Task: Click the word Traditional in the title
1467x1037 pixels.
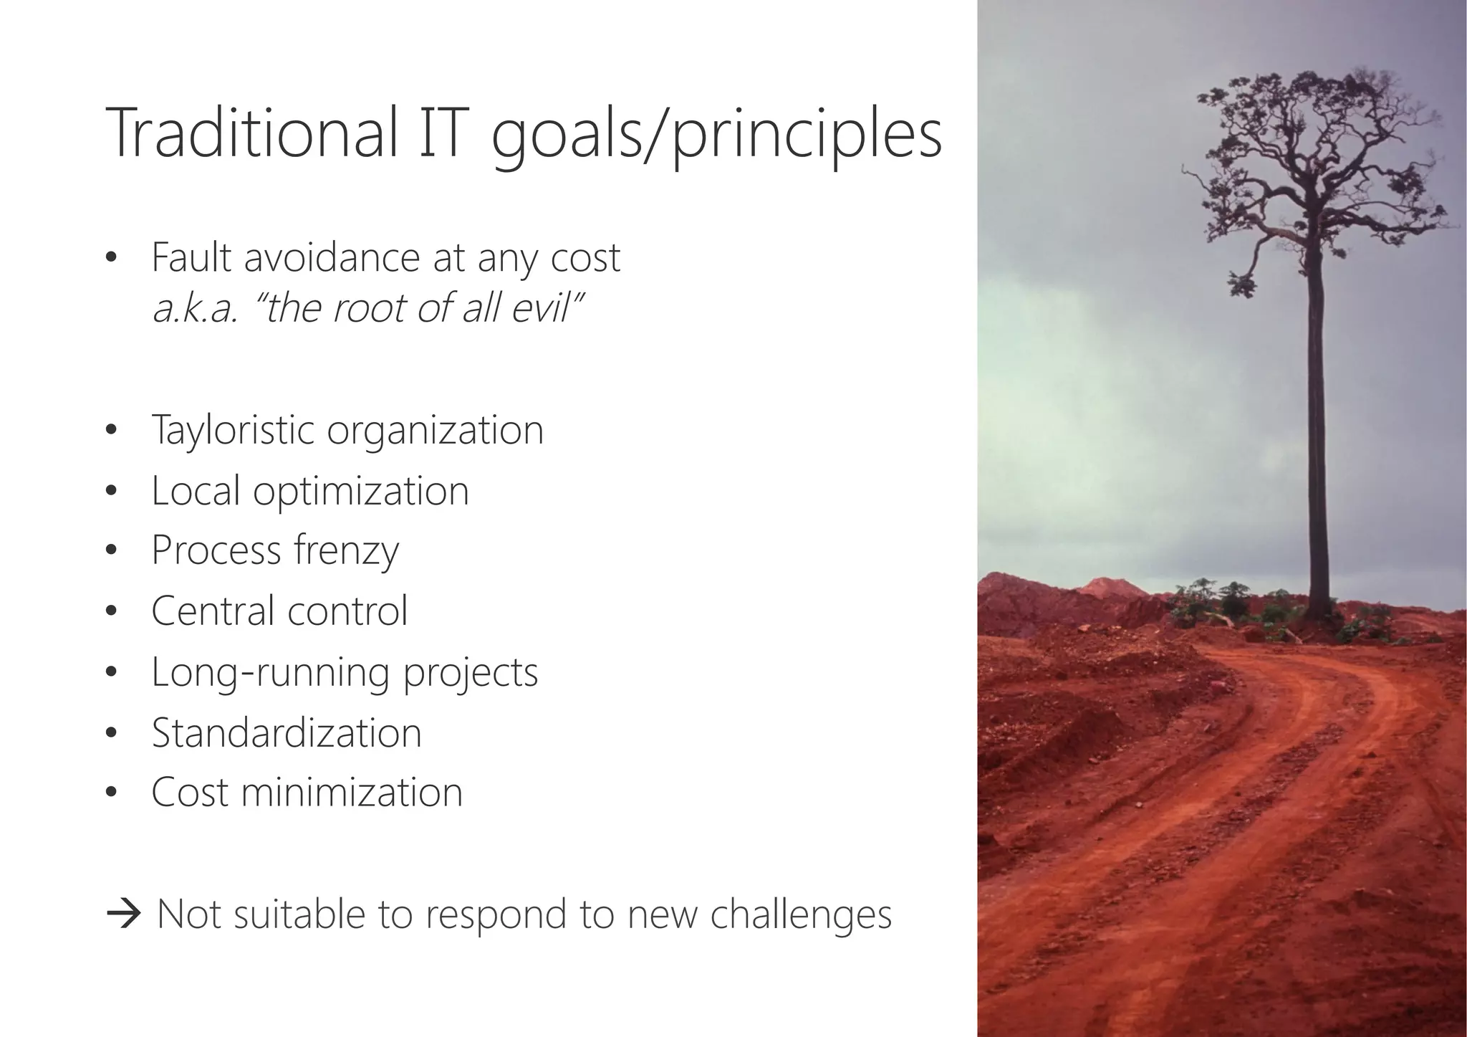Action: coord(251,134)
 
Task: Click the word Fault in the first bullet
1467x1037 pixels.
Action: coord(192,257)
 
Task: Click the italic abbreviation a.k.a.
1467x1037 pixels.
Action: coord(194,310)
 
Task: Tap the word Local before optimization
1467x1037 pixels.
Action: coord(195,491)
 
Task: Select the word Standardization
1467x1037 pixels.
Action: coord(287,733)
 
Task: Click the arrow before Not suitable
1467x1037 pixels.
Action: coord(123,915)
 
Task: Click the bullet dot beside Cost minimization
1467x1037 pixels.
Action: coord(110,793)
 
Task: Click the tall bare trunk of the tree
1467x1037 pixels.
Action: coord(1318,430)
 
